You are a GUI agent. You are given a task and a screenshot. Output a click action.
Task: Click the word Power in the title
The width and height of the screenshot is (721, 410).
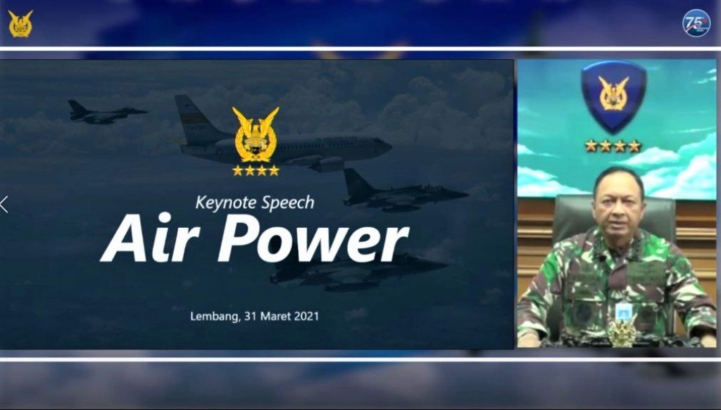(313, 238)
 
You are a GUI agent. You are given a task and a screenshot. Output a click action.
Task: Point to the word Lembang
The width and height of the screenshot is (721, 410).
(214, 316)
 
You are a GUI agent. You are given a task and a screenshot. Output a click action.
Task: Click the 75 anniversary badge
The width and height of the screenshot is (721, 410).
(696, 23)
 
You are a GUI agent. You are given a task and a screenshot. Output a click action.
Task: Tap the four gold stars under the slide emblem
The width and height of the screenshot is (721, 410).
(256, 170)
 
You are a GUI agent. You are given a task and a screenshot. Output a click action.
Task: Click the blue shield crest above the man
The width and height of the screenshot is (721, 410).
(613, 95)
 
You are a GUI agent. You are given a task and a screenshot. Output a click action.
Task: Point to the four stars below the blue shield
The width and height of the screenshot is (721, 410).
(613, 146)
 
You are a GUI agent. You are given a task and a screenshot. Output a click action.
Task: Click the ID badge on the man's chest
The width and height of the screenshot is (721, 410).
(623, 312)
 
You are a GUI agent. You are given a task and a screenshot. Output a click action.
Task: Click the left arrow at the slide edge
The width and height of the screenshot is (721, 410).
(4, 205)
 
